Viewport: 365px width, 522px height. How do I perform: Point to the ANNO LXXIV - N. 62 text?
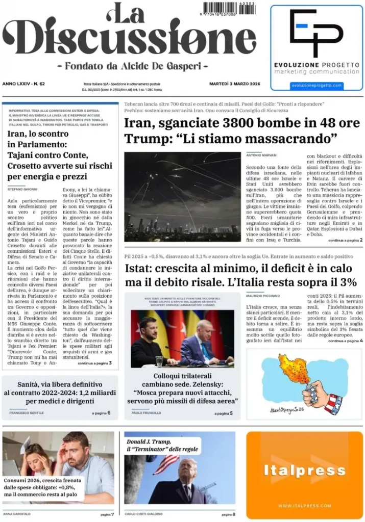click(23, 83)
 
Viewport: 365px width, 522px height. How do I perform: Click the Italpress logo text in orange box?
click(304, 471)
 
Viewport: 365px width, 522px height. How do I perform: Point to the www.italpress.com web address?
click(304, 506)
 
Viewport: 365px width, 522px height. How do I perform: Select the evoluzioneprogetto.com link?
click(316, 86)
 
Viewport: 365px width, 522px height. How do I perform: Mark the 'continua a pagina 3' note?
click(94, 363)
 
